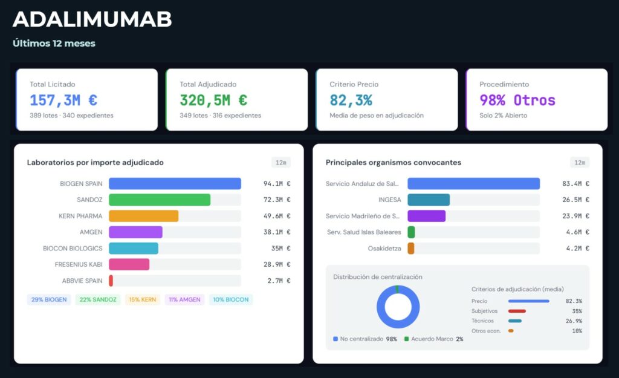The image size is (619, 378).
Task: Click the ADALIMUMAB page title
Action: [92, 19]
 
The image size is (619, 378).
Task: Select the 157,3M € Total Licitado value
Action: [63, 100]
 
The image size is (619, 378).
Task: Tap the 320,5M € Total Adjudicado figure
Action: [213, 100]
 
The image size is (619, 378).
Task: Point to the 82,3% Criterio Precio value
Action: [351, 100]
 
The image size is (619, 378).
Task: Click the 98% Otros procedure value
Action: [517, 100]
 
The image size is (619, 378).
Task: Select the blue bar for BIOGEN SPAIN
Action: [175, 184]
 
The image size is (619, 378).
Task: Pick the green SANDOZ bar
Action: [160, 200]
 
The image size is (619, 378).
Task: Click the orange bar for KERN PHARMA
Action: [143, 216]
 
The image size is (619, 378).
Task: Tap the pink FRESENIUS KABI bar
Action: [129, 264]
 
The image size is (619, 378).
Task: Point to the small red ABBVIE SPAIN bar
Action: [111, 281]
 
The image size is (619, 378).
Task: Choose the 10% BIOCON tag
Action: [231, 299]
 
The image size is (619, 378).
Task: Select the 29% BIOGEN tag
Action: [49, 299]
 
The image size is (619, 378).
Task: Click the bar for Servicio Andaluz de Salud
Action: [473, 184]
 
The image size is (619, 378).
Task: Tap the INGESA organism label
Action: [389, 200]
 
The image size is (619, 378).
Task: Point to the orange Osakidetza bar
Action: [411, 249]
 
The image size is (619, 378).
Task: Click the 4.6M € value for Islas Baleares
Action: [575, 232]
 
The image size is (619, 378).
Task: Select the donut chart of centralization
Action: [397, 307]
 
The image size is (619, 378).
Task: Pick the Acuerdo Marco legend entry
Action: [433, 339]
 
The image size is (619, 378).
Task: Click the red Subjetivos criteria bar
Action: [517, 311]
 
